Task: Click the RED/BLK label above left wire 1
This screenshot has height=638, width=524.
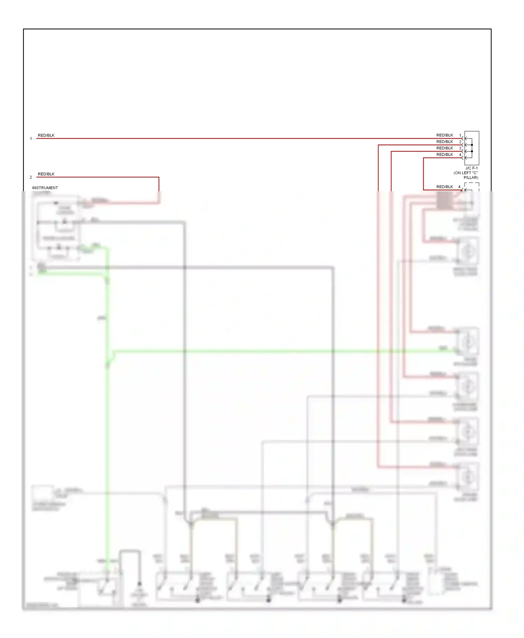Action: (46, 135)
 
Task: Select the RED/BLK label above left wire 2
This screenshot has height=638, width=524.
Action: (46, 174)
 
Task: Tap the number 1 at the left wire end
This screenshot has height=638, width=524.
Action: (31, 139)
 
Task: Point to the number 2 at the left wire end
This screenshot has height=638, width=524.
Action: (31, 177)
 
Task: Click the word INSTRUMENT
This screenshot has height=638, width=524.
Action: (45, 188)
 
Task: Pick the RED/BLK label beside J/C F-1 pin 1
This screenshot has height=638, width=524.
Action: (444, 135)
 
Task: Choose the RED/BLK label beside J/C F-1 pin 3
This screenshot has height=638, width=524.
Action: (444, 148)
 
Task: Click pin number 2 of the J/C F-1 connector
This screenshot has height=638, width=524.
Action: (460, 142)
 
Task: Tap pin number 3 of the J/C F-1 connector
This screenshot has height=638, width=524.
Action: (460, 148)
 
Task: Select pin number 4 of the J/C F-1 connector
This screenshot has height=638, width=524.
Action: (460, 155)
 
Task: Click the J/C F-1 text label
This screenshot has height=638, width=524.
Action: (471, 168)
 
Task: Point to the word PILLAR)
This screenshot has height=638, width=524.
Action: (471, 178)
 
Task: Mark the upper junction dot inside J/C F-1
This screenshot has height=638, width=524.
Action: (472, 145)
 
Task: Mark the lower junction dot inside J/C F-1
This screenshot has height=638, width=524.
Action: (472, 151)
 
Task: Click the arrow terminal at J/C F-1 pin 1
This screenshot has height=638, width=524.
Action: (465, 139)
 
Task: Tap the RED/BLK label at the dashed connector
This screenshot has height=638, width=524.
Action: (444, 187)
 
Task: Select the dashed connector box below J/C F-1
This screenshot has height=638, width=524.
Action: (472, 187)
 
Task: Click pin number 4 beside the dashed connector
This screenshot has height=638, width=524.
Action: (459, 187)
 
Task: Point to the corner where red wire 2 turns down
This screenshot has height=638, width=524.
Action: (159, 177)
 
